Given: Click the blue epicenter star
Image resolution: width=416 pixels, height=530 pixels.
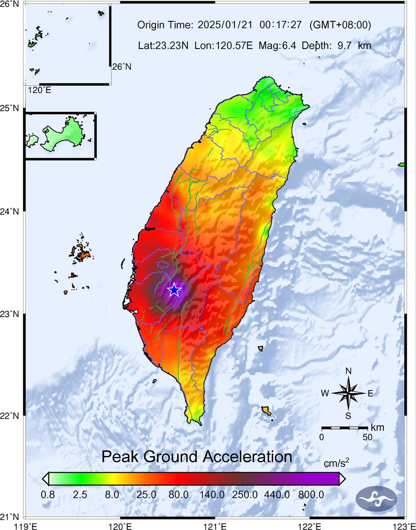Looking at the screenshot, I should pos(174,290).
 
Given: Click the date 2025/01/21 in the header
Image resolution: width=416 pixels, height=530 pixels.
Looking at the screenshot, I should pos(225,25).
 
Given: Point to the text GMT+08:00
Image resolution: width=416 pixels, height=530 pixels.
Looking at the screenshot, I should pos(340,25).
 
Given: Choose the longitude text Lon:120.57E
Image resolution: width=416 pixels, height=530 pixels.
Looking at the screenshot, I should pos(227,45).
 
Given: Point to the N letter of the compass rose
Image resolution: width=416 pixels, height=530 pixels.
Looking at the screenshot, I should pos(348,371).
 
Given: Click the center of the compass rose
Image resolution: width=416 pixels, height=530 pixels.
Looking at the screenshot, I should pos(348,393).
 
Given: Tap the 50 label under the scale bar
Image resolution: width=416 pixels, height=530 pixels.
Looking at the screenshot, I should pos(367,437).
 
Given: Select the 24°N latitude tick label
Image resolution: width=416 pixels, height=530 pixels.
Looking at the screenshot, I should pos(11,212).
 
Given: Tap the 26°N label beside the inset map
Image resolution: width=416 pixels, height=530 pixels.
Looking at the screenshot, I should pos(122,67).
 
